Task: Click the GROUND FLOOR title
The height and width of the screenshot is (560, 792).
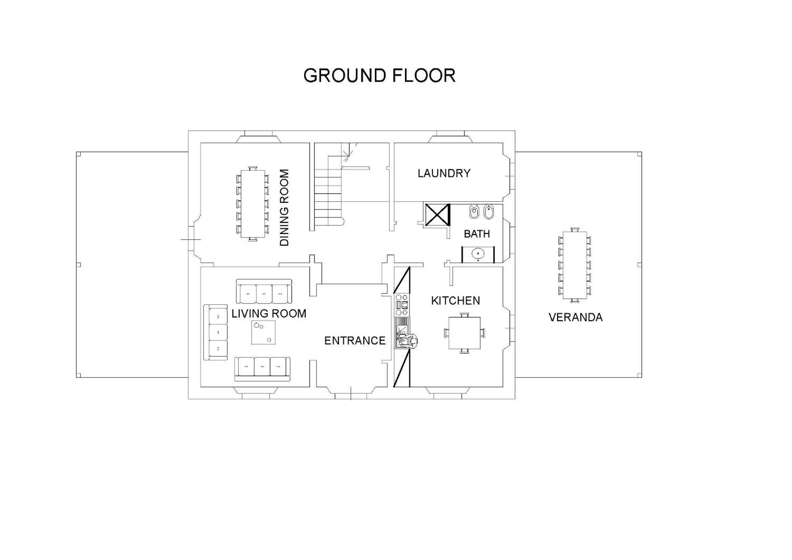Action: [380, 76]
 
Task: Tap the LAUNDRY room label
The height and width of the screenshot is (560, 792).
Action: [444, 173]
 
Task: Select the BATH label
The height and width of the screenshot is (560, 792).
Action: [477, 234]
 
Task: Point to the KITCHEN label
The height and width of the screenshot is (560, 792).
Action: [455, 300]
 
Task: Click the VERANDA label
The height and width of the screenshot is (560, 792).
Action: [575, 317]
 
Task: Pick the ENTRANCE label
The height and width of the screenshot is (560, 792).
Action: [355, 341]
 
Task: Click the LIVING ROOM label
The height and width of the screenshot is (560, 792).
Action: [269, 314]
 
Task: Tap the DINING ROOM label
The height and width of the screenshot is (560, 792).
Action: [284, 207]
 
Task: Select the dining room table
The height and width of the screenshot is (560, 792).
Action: [253, 204]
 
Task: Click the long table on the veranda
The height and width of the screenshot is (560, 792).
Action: [575, 265]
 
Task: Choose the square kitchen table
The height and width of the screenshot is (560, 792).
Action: [464, 333]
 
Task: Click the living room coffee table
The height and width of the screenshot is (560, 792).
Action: [263, 332]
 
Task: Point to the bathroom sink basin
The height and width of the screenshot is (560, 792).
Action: [478, 254]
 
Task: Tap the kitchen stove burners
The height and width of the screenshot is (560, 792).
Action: [402, 305]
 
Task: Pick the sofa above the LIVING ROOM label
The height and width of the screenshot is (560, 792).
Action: [264, 291]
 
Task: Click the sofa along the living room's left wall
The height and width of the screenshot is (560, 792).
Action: [216, 332]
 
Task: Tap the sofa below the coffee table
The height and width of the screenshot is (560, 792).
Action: [262, 369]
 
